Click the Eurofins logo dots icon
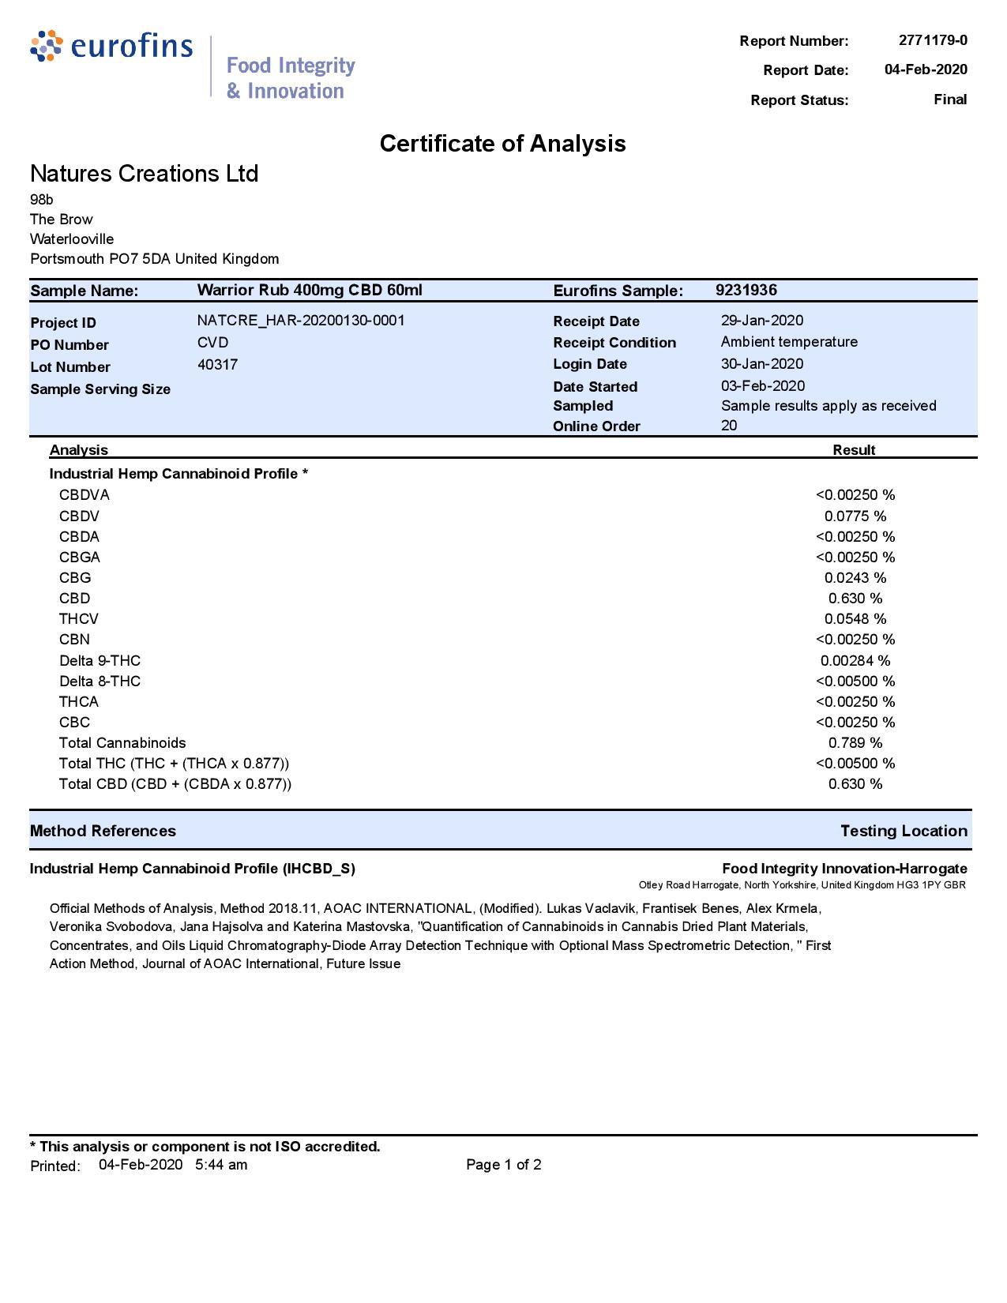[46, 46]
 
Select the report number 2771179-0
[932, 40]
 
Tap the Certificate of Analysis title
[502, 143]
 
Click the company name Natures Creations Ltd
[144, 173]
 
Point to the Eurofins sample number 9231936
[746, 290]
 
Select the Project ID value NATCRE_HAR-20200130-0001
[301, 321]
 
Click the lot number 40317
[217, 365]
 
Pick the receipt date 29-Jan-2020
[761, 321]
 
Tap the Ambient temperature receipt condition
[788, 342]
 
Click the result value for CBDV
[855, 516]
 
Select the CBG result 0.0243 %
[855, 578]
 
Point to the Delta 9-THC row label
[100, 661]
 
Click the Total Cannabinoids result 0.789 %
[855, 743]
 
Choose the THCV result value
[855, 619]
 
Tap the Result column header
[853, 450]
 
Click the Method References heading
[103, 831]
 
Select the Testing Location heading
[903, 831]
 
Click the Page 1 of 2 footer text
[503, 1165]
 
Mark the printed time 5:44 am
[220, 1165]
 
